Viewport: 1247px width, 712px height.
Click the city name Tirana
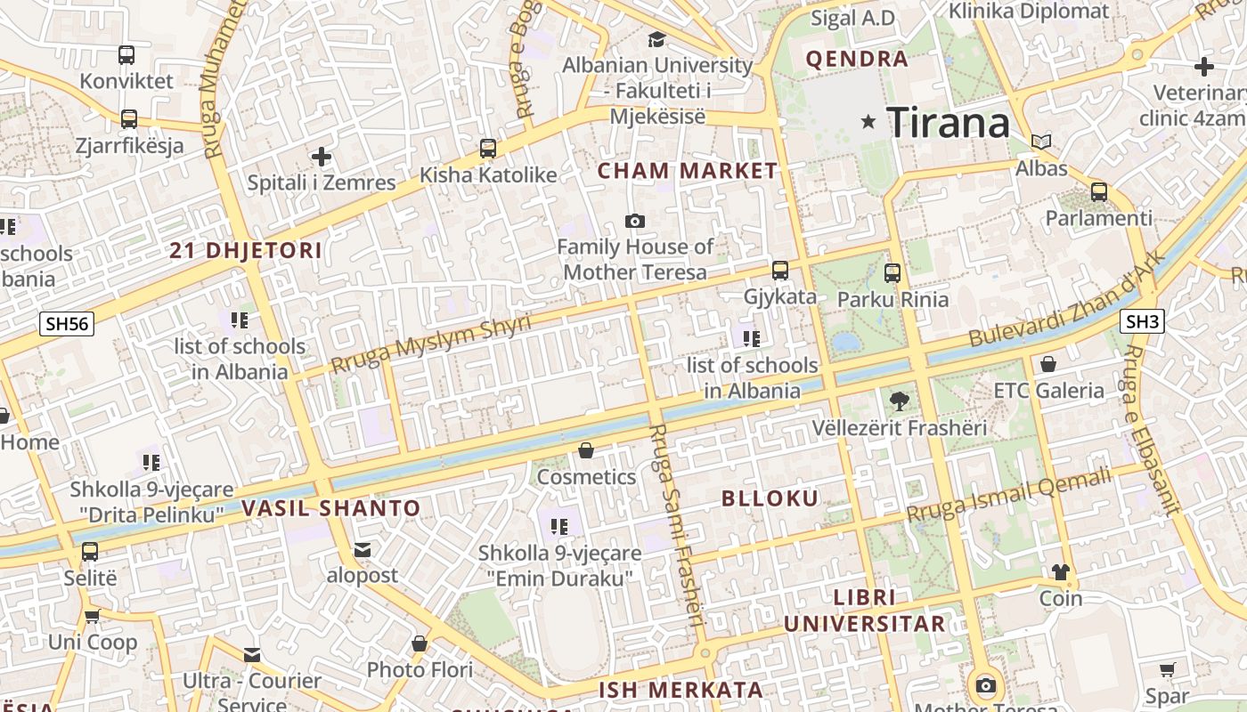point(948,122)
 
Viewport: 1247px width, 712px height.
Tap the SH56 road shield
point(67,324)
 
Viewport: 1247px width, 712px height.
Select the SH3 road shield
point(1142,322)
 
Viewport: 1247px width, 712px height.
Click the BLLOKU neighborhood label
point(770,498)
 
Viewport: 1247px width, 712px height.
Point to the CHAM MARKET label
point(687,171)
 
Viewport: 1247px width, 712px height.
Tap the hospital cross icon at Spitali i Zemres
point(321,158)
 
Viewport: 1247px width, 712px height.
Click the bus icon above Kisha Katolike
point(487,148)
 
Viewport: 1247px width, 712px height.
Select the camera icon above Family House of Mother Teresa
point(635,221)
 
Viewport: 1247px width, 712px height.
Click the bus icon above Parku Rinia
point(892,273)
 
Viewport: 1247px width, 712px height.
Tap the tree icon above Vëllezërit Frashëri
point(899,401)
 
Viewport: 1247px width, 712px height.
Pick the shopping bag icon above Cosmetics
point(586,450)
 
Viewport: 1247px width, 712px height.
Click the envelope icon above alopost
point(363,549)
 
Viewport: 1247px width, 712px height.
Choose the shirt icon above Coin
point(1060,571)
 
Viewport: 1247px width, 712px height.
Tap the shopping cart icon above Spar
point(1167,669)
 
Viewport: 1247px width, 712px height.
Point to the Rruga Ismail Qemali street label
point(1010,496)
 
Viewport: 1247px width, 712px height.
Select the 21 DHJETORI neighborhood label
point(246,251)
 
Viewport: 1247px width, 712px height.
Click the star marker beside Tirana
point(868,121)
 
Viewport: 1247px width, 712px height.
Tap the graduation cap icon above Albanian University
point(656,39)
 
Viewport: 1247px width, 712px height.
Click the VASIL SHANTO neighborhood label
point(330,509)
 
